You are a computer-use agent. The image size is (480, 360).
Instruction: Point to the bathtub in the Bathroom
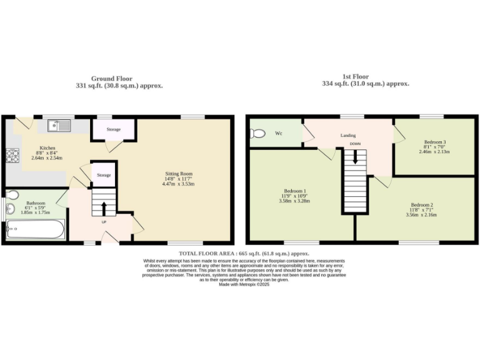34,231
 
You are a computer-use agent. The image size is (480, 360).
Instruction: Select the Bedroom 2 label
422,204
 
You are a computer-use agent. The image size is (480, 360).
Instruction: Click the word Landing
348,135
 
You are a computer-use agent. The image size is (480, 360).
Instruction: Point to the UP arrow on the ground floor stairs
104,208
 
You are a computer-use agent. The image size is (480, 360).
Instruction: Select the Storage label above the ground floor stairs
104,175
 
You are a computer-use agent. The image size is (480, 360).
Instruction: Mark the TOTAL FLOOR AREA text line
244,253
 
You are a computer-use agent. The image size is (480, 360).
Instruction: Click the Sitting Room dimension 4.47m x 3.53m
179,184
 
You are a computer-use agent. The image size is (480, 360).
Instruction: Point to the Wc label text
279,133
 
